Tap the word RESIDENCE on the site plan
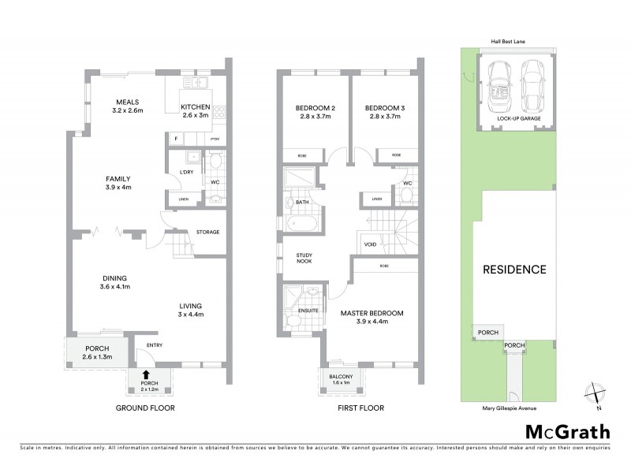coord(514,270)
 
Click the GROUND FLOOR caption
coord(145,408)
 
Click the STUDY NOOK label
coord(305,259)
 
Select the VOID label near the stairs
coord(370,244)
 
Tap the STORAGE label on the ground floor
coord(207,233)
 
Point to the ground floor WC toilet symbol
coord(214,167)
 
